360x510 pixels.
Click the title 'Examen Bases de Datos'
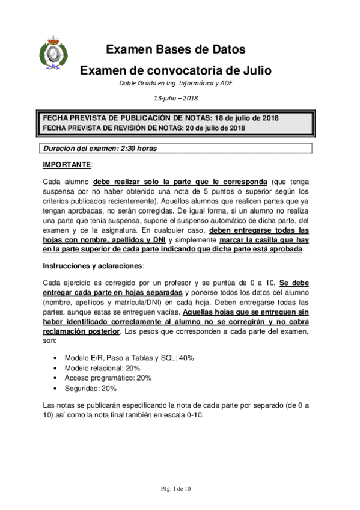coord(175,50)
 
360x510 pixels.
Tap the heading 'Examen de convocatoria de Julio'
coord(175,70)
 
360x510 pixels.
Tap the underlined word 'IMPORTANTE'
coord(66,164)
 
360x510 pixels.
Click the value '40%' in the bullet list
coord(186,358)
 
